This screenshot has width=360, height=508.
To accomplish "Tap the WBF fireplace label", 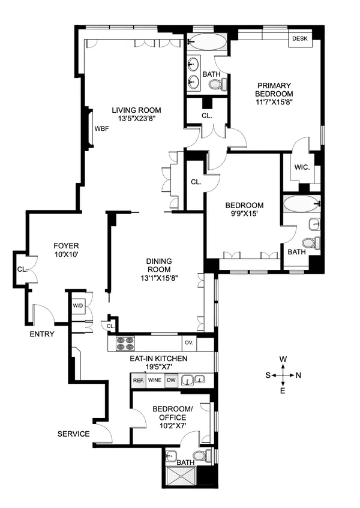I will point(100,129).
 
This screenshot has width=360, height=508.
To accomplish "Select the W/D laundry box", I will point(78,306).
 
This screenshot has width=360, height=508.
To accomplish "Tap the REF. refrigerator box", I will point(138,380).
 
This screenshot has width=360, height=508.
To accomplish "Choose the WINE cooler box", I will point(155,380).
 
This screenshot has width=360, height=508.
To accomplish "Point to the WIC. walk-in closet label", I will point(302,167).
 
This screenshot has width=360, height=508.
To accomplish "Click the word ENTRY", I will point(41,334).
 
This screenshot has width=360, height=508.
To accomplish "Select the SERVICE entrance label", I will point(73,434).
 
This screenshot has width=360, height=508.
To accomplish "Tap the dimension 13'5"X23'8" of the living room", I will point(136,119).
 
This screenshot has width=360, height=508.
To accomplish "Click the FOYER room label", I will point(66,246).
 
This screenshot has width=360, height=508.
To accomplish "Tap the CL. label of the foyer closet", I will point(22,269).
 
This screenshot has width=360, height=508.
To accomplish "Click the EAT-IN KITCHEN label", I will point(159,359).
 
